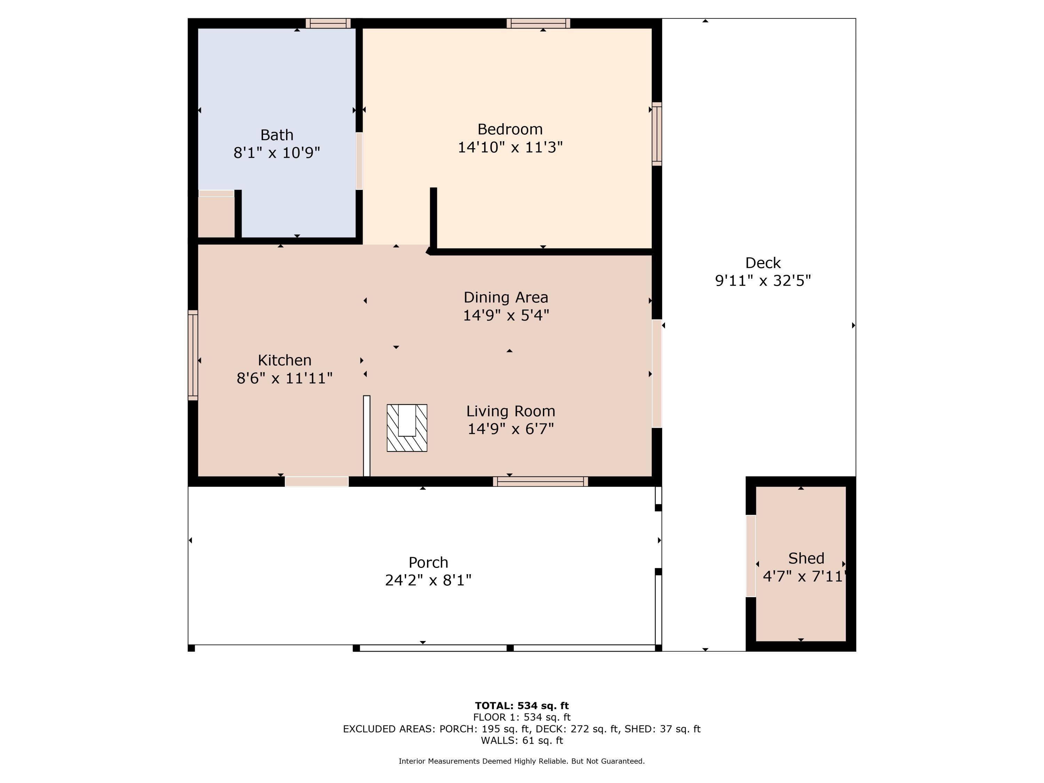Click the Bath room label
point(277,135)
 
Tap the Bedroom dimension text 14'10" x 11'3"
point(510,147)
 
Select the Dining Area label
point(506,297)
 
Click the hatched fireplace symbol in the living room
point(407,428)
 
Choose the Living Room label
point(511,411)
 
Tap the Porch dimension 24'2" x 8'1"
point(428,580)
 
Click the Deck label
point(763,263)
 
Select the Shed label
point(806,558)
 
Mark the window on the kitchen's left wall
point(192,355)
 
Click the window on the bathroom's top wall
point(328,23)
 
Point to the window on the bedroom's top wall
point(538,23)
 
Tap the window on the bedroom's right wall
point(657,134)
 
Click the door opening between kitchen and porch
point(317,481)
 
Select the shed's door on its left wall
point(751,556)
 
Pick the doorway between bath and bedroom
point(359,161)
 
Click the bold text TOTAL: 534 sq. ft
point(522,706)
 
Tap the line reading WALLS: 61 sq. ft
point(522,740)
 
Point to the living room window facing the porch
point(540,481)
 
